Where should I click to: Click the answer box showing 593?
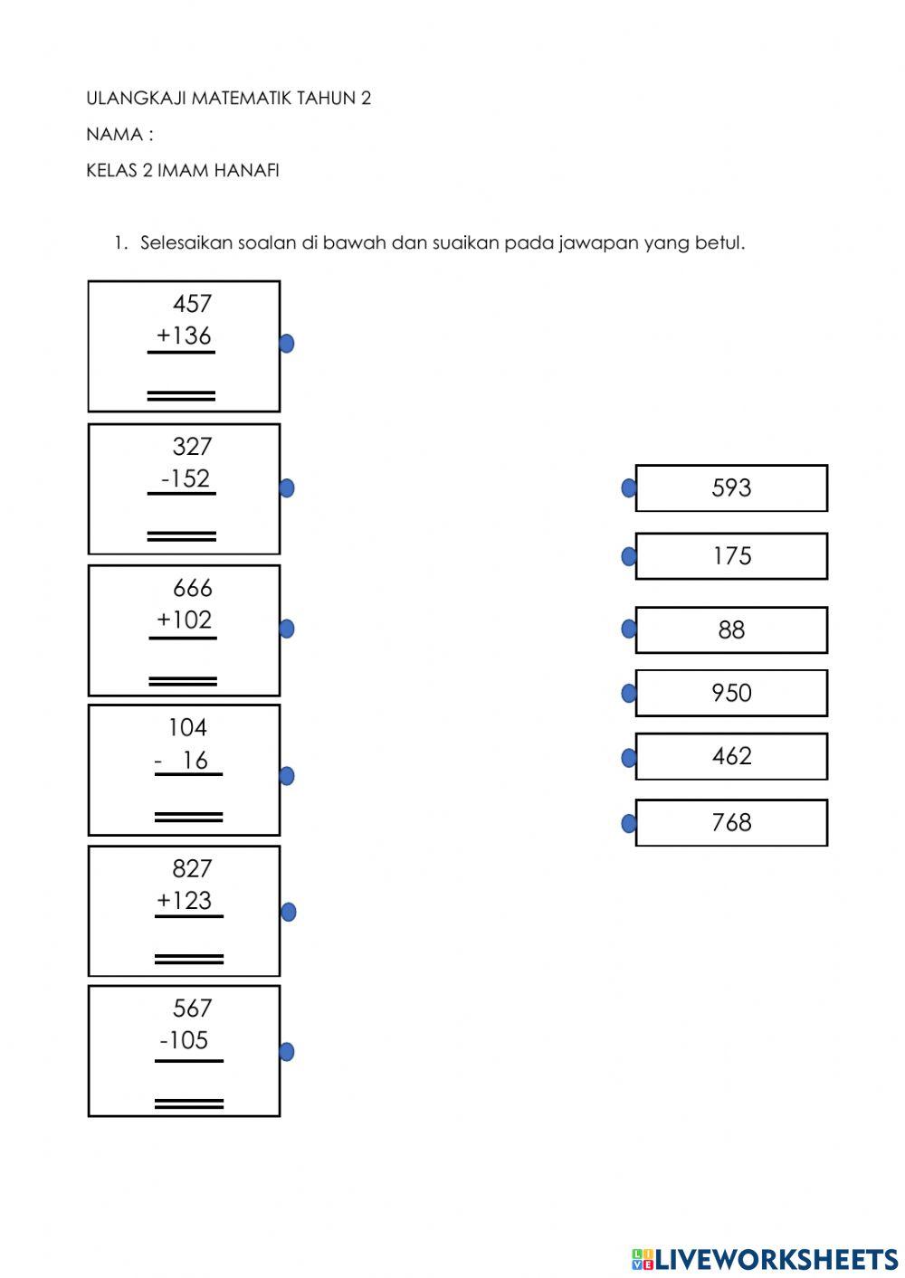point(731,488)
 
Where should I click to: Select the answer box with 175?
point(731,556)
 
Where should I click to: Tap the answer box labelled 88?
point(731,630)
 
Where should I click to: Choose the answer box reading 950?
point(731,693)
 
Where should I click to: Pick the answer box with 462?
point(731,756)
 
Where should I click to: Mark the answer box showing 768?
point(731,822)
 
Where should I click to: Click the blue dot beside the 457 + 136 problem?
point(287,344)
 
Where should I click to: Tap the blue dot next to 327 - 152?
point(287,488)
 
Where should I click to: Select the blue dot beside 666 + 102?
point(287,629)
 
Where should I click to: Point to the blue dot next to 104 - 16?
point(287,776)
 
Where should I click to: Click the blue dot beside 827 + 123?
point(288,912)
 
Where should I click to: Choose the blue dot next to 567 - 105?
point(287,1052)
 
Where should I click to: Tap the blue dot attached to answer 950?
point(629,694)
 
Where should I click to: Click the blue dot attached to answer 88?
point(629,630)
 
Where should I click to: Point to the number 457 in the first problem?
point(192,304)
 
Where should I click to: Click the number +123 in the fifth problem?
point(184,901)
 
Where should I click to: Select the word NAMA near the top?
point(114,135)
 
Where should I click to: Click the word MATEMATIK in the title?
point(239,99)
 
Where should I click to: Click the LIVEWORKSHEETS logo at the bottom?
point(765,1259)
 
